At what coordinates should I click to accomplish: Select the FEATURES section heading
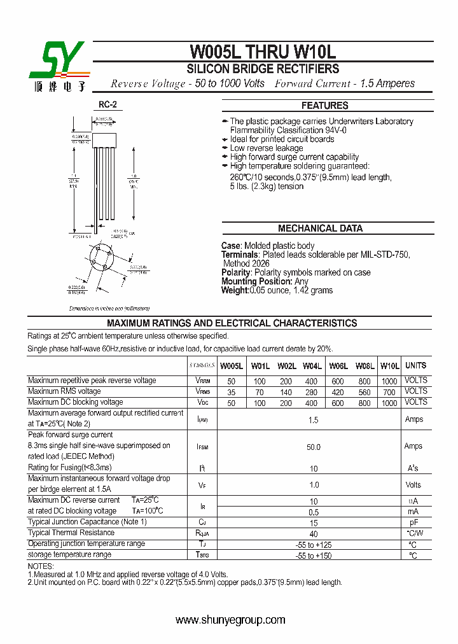(x=324, y=106)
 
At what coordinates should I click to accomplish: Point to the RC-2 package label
(x=108, y=105)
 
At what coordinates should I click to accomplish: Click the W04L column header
(x=312, y=366)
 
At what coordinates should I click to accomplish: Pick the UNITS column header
(x=415, y=365)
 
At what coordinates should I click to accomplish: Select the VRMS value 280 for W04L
(x=312, y=392)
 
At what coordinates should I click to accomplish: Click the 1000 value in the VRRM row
(x=389, y=381)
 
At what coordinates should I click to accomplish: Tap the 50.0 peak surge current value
(x=314, y=447)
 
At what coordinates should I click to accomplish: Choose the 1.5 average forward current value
(x=313, y=420)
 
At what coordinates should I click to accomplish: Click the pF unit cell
(x=413, y=522)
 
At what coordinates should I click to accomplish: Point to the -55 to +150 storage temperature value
(x=313, y=556)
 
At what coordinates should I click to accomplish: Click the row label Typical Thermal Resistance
(x=71, y=533)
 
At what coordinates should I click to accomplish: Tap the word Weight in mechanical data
(x=234, y=290)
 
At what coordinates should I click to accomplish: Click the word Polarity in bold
(x=237, y=272)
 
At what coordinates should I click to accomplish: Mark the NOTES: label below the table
(x=41, y=566)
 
